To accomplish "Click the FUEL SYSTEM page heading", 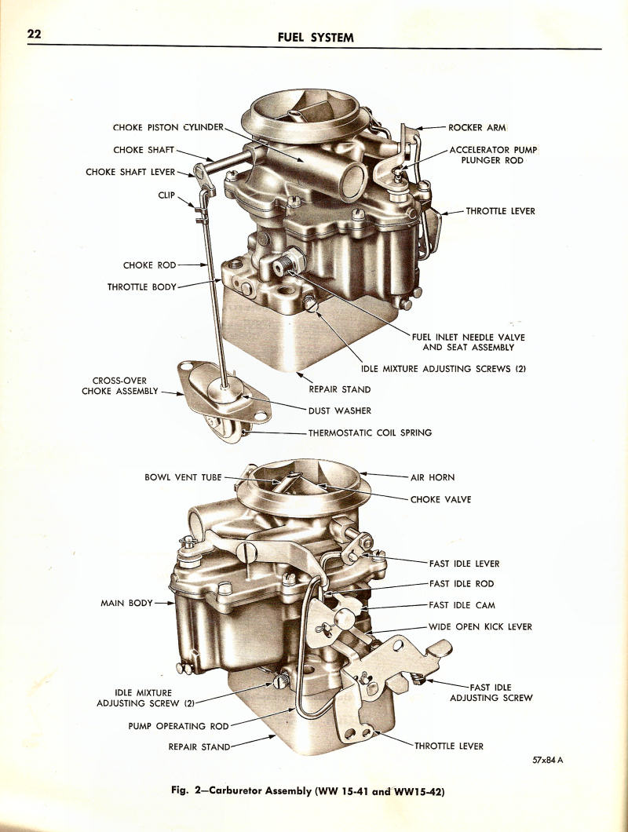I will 316,38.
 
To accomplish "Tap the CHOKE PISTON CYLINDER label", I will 168,127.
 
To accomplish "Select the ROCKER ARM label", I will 476,127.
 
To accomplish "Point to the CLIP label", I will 166,195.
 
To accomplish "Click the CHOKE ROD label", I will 149,265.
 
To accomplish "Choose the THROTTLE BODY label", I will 142,287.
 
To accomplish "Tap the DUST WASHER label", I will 339,410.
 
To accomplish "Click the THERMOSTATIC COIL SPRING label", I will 370,432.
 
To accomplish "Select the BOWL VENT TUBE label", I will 183,476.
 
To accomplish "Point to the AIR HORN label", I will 432,476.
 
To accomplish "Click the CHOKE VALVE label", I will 440,499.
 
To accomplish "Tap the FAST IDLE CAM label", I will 462,605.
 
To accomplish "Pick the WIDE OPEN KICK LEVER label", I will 480,626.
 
